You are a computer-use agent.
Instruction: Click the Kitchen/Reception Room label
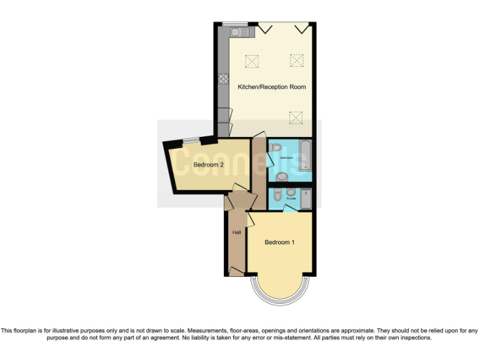271,87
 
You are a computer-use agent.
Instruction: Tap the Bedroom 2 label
208,165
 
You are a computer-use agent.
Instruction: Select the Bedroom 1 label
279,242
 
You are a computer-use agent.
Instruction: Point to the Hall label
236,232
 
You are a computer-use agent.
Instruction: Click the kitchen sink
239,31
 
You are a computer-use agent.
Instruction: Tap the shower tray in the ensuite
304,199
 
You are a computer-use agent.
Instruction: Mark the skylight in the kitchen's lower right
295,117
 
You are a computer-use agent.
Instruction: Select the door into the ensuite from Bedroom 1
289,209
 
